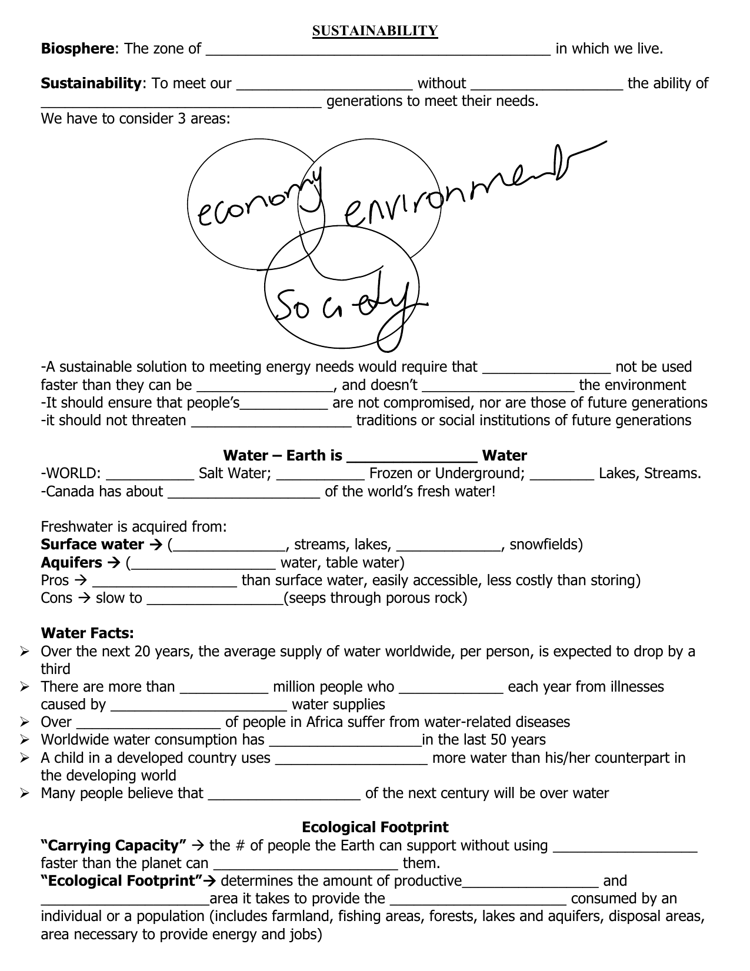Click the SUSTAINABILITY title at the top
[375, 31]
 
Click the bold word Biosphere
[77, 49]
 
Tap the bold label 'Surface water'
[92, 545]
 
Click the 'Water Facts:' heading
[87, 633]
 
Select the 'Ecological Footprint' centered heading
[375, 827]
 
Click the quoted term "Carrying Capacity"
[114, 846]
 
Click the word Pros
[55, 581]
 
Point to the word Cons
[56, 599]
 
